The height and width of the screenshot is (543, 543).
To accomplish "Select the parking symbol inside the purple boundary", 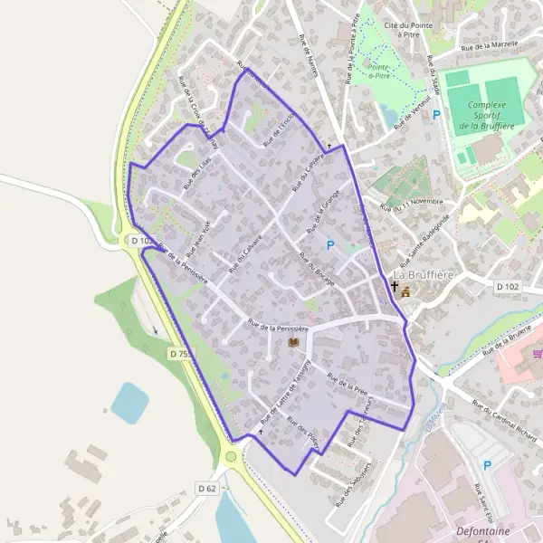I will [x=330, y=244].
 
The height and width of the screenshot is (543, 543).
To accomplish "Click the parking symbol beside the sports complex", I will [x=436, y=115].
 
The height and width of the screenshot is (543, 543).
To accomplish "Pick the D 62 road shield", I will [x=206, y=488].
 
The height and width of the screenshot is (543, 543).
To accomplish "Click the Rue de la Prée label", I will [x=348, y=386].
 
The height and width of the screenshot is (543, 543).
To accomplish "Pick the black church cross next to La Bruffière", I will [x=394, y=288].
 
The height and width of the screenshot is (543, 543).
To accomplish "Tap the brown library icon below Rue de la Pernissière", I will [x=292, y=342].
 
